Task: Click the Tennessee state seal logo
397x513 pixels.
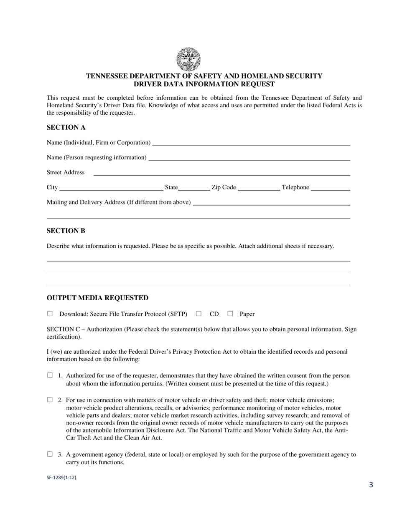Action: (188, 59)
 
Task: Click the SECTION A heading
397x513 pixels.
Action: (66, 127)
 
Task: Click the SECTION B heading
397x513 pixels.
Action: (66, 231)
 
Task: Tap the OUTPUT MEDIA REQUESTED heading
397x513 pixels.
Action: (97, 298)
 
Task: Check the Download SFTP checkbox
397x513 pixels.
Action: (50, 314)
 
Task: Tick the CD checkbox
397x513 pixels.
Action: (199, 314)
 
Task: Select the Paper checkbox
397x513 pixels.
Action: (230, 314)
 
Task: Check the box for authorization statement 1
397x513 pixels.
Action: (50, 375)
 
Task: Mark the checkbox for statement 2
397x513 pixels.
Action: (50, 400)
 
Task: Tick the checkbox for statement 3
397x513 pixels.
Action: (50, 454)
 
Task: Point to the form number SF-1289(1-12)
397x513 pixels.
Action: (61, 478)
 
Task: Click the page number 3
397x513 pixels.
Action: (371, 485)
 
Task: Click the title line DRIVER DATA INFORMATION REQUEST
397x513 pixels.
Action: (204, 84)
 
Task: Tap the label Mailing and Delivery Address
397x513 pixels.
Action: (119, 202)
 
